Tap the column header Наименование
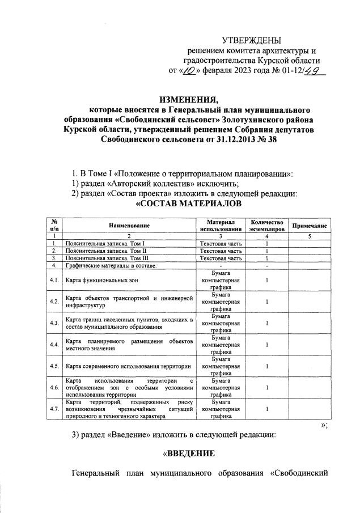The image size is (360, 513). pyautogui.click(x=129, y=226)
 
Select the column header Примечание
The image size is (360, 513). pyautogui.click(x=309, y=226)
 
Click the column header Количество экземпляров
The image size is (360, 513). pyautogui.click(x=266, y=226)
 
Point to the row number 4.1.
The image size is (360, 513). pyautogui.click(x=54, y=280)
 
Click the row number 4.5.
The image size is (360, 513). pyautogui.click(x=54, y=366)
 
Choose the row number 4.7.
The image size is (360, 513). pyautogui.click(x=54, y=408)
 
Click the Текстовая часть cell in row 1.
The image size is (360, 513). pyautogui.click(x=221, y=243)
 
